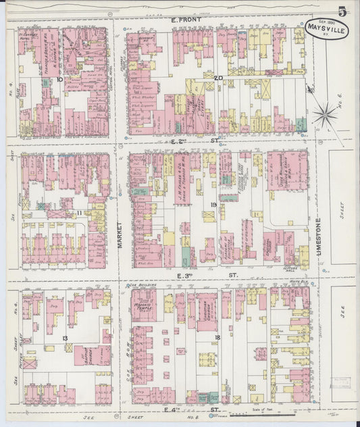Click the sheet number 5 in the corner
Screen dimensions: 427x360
pos(343,11)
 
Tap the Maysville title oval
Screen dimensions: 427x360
pos(328,28)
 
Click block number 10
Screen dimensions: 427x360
pos(60,79)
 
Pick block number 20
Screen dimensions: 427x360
pos(217,78)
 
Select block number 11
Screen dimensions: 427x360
pos(80,214)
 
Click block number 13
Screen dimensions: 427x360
pos(65,338)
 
